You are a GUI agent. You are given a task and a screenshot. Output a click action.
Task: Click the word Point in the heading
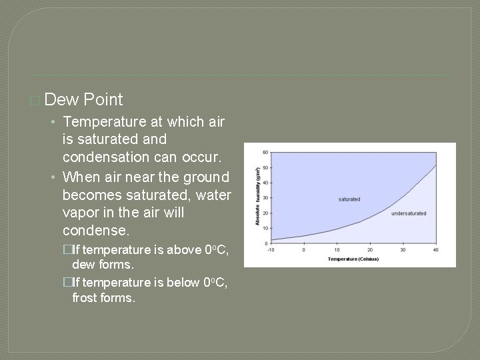(x=103, y=100)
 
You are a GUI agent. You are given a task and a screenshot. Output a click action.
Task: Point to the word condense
(x=93, y=231)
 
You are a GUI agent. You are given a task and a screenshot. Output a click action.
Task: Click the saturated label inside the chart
(x=349, y=199)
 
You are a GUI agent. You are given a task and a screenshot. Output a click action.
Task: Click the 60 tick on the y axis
(x=265, y=152)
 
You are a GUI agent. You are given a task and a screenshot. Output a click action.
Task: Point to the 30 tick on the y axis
(x=265, y=198)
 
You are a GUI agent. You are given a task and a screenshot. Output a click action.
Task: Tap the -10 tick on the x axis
(x=270, y=250)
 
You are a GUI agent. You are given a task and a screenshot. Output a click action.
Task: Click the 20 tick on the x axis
(x=370, y=250)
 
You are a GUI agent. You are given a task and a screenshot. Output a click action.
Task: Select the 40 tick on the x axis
(x=436, y=250)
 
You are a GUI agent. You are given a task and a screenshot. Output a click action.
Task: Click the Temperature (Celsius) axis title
(x=353, y=259)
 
